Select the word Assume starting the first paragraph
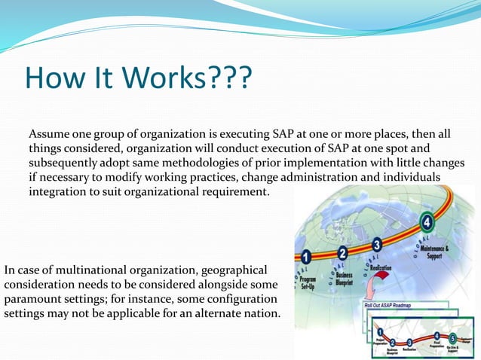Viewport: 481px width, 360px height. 50,134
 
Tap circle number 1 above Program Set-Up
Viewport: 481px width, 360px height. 306,257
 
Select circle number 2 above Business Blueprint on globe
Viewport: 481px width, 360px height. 343,253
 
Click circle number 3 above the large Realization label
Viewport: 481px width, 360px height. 377,245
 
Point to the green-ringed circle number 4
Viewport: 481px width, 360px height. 427,222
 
